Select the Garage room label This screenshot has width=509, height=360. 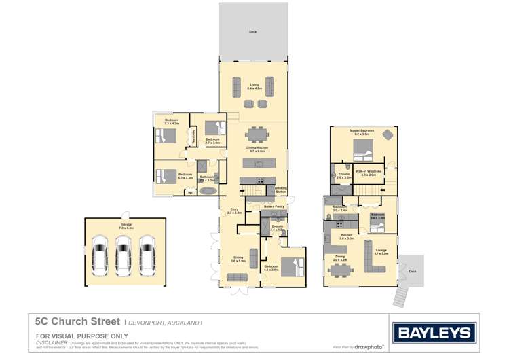coord(126,226)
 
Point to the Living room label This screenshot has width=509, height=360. coord(254,86)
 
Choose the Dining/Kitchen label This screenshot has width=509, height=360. coord(256,149)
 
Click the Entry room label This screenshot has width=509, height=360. coord(234,211)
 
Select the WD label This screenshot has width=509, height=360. coord(191,192)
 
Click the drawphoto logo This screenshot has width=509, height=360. coord(369,347)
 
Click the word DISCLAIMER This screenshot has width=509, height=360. coord(51,343)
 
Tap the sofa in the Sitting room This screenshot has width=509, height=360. coord(238,276)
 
